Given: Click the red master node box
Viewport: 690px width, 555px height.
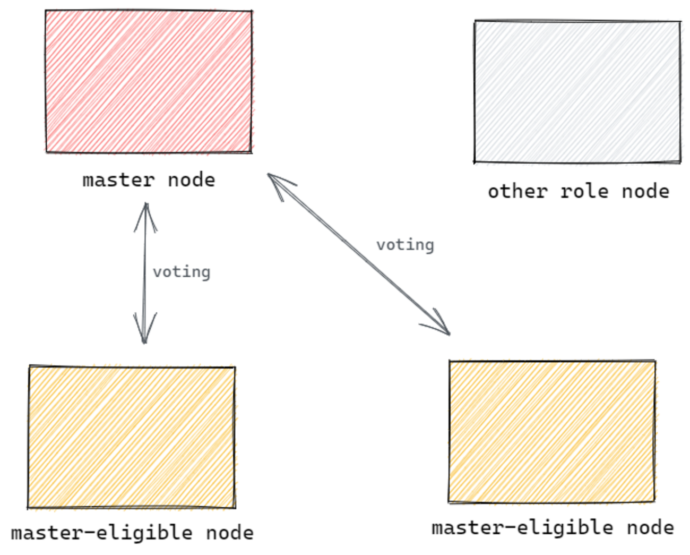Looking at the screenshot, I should click(148, 81).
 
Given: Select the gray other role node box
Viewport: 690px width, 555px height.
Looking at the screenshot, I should click(577, 91).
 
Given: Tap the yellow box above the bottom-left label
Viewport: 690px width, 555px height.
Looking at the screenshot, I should click(132, 437).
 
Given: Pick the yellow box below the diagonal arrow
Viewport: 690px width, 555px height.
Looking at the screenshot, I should click(552, 431).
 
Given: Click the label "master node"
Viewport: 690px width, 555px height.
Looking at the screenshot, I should click(149, 180).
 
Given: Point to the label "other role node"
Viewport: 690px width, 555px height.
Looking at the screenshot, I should click(579, 191).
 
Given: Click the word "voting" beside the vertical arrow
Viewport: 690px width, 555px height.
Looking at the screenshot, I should click(182, 272).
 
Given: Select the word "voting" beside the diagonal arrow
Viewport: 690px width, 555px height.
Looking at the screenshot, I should click(405, 245).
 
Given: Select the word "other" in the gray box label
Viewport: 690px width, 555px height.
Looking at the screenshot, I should click(517, 191).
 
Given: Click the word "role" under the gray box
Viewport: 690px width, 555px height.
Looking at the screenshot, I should click(584, 191).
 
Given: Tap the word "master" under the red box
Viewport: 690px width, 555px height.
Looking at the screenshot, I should click(118, 180).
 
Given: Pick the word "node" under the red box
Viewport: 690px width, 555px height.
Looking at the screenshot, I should click(191, 180).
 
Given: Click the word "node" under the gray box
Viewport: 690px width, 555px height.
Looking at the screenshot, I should click(645, 191).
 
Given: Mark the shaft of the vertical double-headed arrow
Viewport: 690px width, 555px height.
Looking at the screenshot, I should click(144, 274).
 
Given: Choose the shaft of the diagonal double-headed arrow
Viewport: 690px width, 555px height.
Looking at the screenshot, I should click(359, 254).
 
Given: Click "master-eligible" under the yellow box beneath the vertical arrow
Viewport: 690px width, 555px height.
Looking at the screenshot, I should click(101, 533).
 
